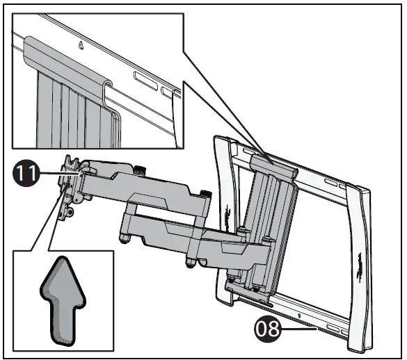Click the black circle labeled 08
point(269,327)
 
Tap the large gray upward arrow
point(65,300)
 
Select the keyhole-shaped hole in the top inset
point(83,47)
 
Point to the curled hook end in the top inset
point(110,88)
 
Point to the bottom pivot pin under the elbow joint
point(191,265)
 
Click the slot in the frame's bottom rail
point(332,326)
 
